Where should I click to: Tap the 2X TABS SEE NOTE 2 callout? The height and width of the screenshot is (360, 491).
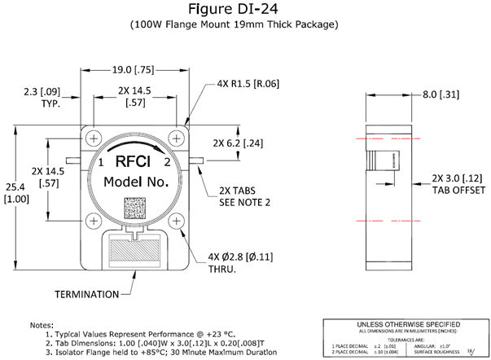[x=248, y=197]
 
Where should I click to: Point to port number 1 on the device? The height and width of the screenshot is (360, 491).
[x=100, y=163]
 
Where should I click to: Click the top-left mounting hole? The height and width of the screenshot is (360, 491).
[x=94, y=135]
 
